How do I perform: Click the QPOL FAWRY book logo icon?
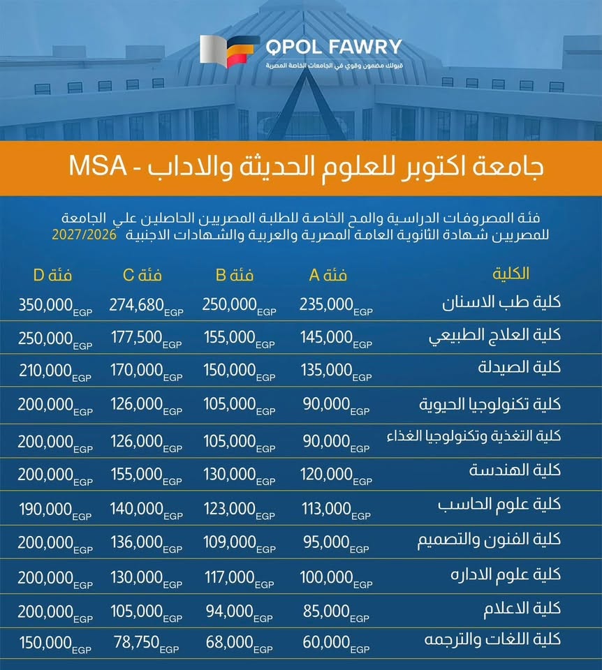(x=230, y=51)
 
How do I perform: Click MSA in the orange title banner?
(x=98, y=166)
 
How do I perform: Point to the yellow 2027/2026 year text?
(x=85, y=234)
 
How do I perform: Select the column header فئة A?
(x=328, y=275)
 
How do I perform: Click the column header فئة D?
(x=52, y=275)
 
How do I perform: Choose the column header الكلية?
(x=511, y=274)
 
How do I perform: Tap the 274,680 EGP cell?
(x=146, y=306)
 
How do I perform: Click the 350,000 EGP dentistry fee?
(x=55, y=306)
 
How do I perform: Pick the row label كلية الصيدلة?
(x=519, y=367)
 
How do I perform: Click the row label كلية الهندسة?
(x=515, y=470)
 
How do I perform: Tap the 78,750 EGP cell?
(x=146, y=643)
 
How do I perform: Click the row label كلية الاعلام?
(x=522, y=609)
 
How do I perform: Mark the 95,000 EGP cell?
(x=336, y=544)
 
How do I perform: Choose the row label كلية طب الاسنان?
(x=501, y=302)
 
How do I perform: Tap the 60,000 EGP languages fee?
(x=336, y=643)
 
